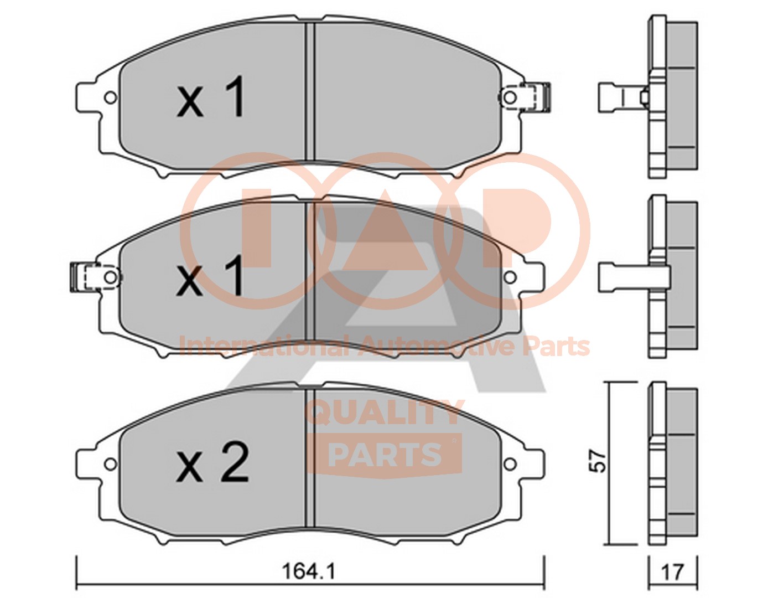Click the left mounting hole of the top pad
tap(111, 97)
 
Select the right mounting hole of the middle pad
tap(509, 277)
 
